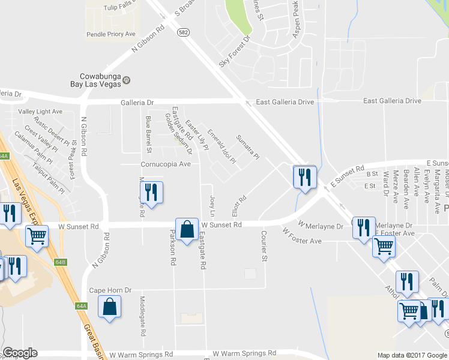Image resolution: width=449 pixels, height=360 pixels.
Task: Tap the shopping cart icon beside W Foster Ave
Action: tap(384, 246)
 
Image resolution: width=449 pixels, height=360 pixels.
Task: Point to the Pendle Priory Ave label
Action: tap(112, 34)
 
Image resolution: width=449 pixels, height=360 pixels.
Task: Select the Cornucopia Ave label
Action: tap(165, 164)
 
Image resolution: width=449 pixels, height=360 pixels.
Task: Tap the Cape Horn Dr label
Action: tap(110, 290)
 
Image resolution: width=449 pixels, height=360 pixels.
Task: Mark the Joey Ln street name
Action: tap(212, 205)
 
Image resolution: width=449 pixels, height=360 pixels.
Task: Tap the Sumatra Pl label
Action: tap(247, 147)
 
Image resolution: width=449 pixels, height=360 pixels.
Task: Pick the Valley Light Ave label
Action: tap(40, 112)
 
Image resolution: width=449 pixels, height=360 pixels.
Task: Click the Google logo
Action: tap(20, 353)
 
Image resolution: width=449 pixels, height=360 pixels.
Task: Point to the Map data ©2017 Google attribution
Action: tap(411, 355)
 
